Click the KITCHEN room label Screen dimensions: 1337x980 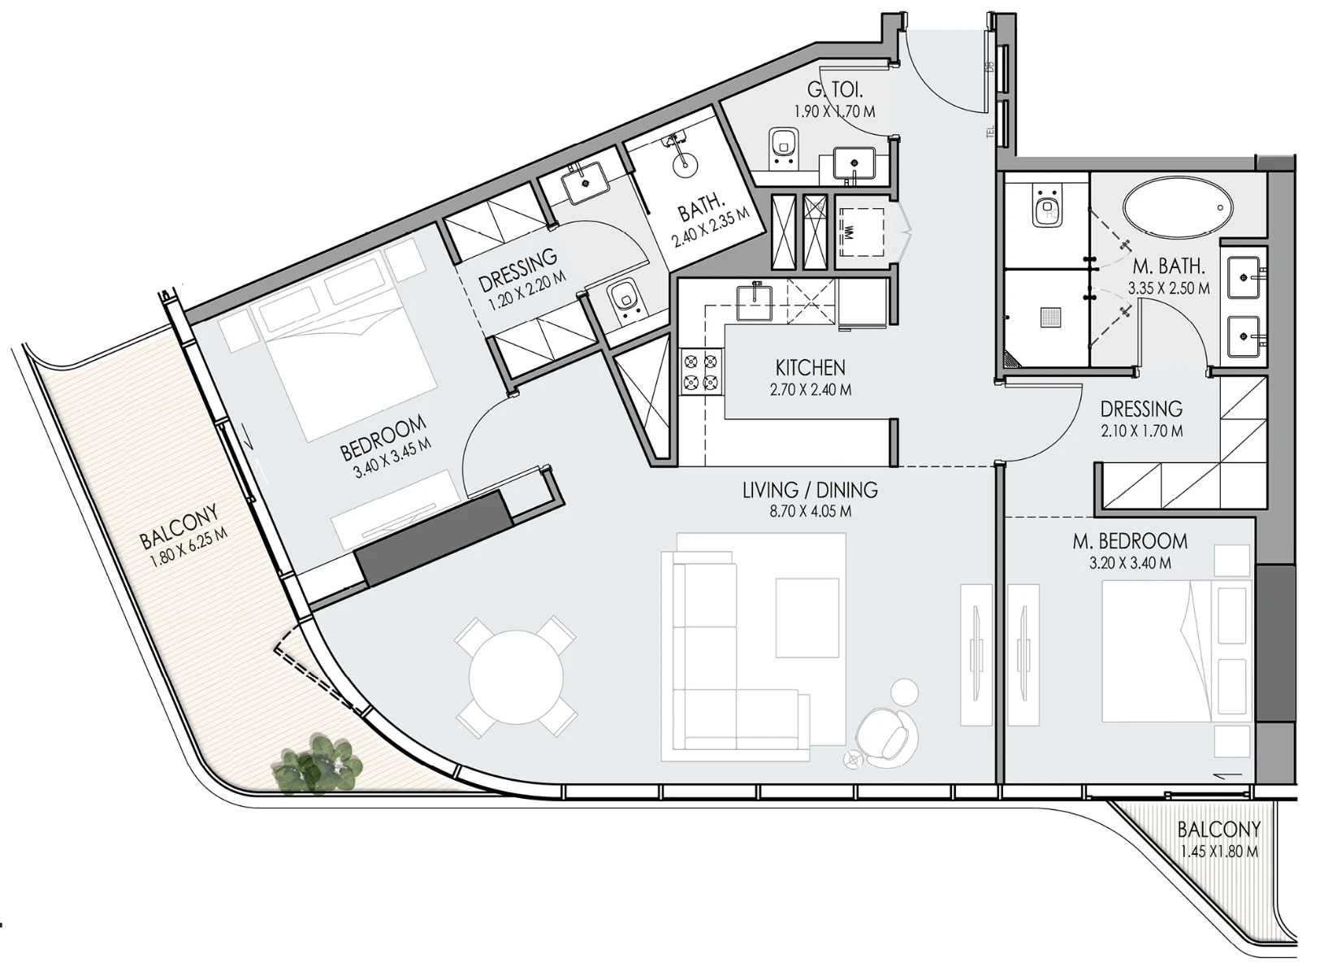pyautogui.click(x=810, y=366)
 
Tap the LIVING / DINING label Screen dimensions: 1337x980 pyautogui.click(x=810, y=490)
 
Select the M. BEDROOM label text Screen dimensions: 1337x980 pyautogui.click(x=1130, y=541)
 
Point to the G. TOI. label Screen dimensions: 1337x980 pyautogui.click(x=834, y=89)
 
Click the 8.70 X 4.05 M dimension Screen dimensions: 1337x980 pyautogui.click(x=810, y=511)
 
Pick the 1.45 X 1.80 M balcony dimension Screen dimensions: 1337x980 pyautogui.click(x=1219, y=851)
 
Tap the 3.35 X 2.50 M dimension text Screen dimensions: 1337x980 pyautogui.click(x=1169, y=288)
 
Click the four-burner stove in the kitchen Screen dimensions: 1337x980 pyautogui.click(x=701, y=371)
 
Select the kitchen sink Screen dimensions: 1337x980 pyautogui.click(x=755, y=303)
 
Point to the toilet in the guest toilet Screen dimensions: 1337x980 pyautogui.click(x=783, y=147)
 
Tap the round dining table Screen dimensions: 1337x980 pyautogui.click(x=516, y=677)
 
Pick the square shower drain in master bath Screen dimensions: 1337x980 pyautogui.click(x=1050, y=317)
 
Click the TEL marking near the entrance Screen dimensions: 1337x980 pyautogui.click(x=990, y=132)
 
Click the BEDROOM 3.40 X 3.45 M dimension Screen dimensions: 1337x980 pyautogui.click(x=392, y=461)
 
